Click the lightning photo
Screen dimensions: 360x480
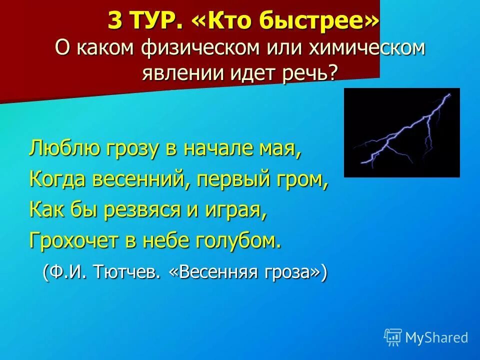point(401,132)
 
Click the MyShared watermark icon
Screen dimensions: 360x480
point(392,337)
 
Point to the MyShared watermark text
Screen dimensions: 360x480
point(436,338)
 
